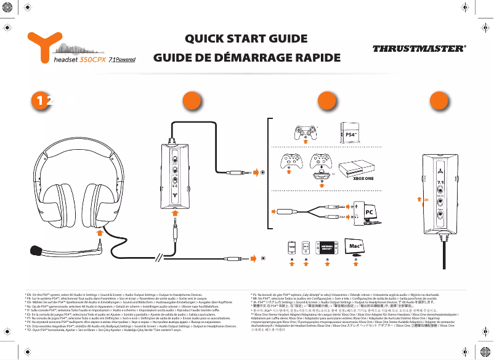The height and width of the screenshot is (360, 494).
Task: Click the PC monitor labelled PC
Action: (x=369, y=211)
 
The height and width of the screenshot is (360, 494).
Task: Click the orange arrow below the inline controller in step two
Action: (x=175, y=211)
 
